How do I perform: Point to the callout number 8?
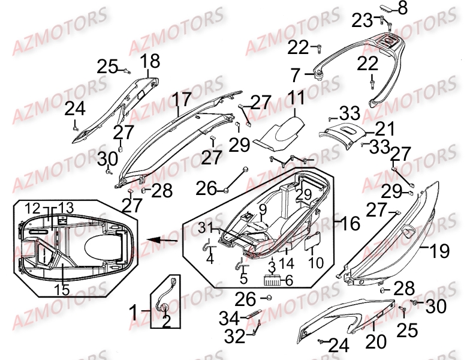point(402,8)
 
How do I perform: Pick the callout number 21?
point(385,128)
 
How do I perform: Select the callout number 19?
point(439,250)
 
